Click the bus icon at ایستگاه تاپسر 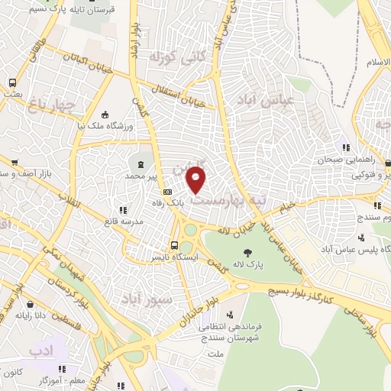click(x=175, y=246)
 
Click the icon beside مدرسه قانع click(x=121, y=210)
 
